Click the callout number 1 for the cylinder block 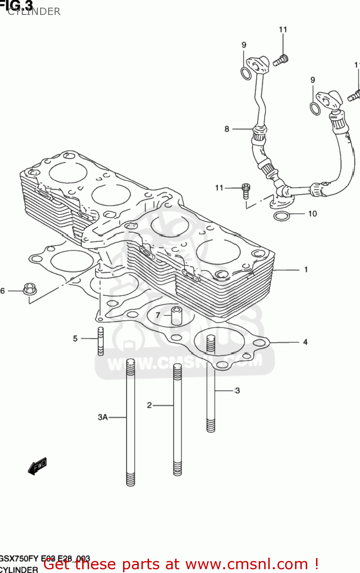point(306,270)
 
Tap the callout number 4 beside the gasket point(305,342)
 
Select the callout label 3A point(102,417)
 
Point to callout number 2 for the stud point(149,405)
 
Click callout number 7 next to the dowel point(158,315)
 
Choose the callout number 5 point(75,338)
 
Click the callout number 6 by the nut point(3,291)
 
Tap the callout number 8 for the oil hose point(227,129)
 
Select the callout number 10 point(312,214)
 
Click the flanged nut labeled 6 point(29,289)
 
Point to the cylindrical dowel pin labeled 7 point(177,316)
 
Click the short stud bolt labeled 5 point(101,341)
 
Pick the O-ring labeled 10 point(282,216)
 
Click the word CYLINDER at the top point(34,11)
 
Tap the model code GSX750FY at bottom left point(19,558)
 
